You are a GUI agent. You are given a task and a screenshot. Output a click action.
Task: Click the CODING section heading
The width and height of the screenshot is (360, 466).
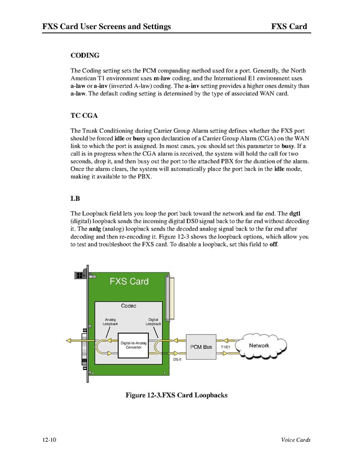[85, 55]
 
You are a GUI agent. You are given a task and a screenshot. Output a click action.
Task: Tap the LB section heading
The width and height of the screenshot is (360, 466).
[75, 198]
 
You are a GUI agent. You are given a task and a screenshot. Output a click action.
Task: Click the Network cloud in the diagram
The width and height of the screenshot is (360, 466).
[260, 346]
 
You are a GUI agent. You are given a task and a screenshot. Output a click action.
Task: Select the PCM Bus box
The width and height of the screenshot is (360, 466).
[201, 347]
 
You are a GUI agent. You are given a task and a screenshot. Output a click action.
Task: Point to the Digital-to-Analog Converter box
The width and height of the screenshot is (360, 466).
[133, 345]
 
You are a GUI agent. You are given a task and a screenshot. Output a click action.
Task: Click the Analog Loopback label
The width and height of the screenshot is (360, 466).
[110, 322]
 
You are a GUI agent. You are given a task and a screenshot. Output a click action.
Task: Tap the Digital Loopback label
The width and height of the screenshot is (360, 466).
[154, 322]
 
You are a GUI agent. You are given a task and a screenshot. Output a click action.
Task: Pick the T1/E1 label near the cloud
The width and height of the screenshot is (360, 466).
[226, 347]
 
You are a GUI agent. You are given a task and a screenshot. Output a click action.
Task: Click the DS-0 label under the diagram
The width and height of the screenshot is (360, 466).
[177, 359]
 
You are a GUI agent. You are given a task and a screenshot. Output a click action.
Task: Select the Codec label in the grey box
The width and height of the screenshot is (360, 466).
[129, 306]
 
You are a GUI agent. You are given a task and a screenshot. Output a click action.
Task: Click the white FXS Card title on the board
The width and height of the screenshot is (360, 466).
[129, 282]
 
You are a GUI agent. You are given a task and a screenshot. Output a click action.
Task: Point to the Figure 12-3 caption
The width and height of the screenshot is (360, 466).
[176, 395]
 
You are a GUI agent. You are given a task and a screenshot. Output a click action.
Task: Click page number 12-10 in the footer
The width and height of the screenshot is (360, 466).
[50, 440]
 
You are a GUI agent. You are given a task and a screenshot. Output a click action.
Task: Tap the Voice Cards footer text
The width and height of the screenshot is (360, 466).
[296, 440]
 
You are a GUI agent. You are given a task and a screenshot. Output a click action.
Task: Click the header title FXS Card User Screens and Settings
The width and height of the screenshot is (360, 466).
[107, 26]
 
